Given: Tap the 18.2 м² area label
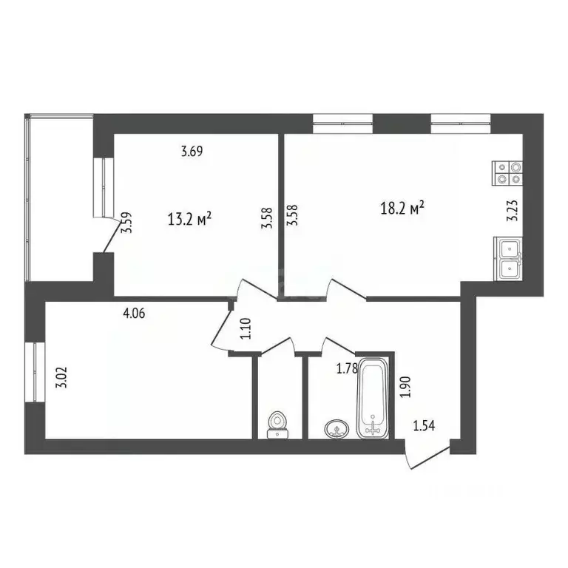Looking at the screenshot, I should coord(402,209).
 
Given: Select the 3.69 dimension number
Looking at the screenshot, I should coord(192,153).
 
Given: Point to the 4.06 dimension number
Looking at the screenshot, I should coord(133,313).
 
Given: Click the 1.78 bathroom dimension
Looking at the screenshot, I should coord(347,368).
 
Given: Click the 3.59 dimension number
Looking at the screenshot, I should coord(127,223).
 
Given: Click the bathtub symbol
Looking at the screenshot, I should coord(371,397).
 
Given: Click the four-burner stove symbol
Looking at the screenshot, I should coord(507,173).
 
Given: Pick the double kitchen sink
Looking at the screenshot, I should coord(510,259).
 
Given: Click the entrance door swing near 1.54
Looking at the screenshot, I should coord(428,455).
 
